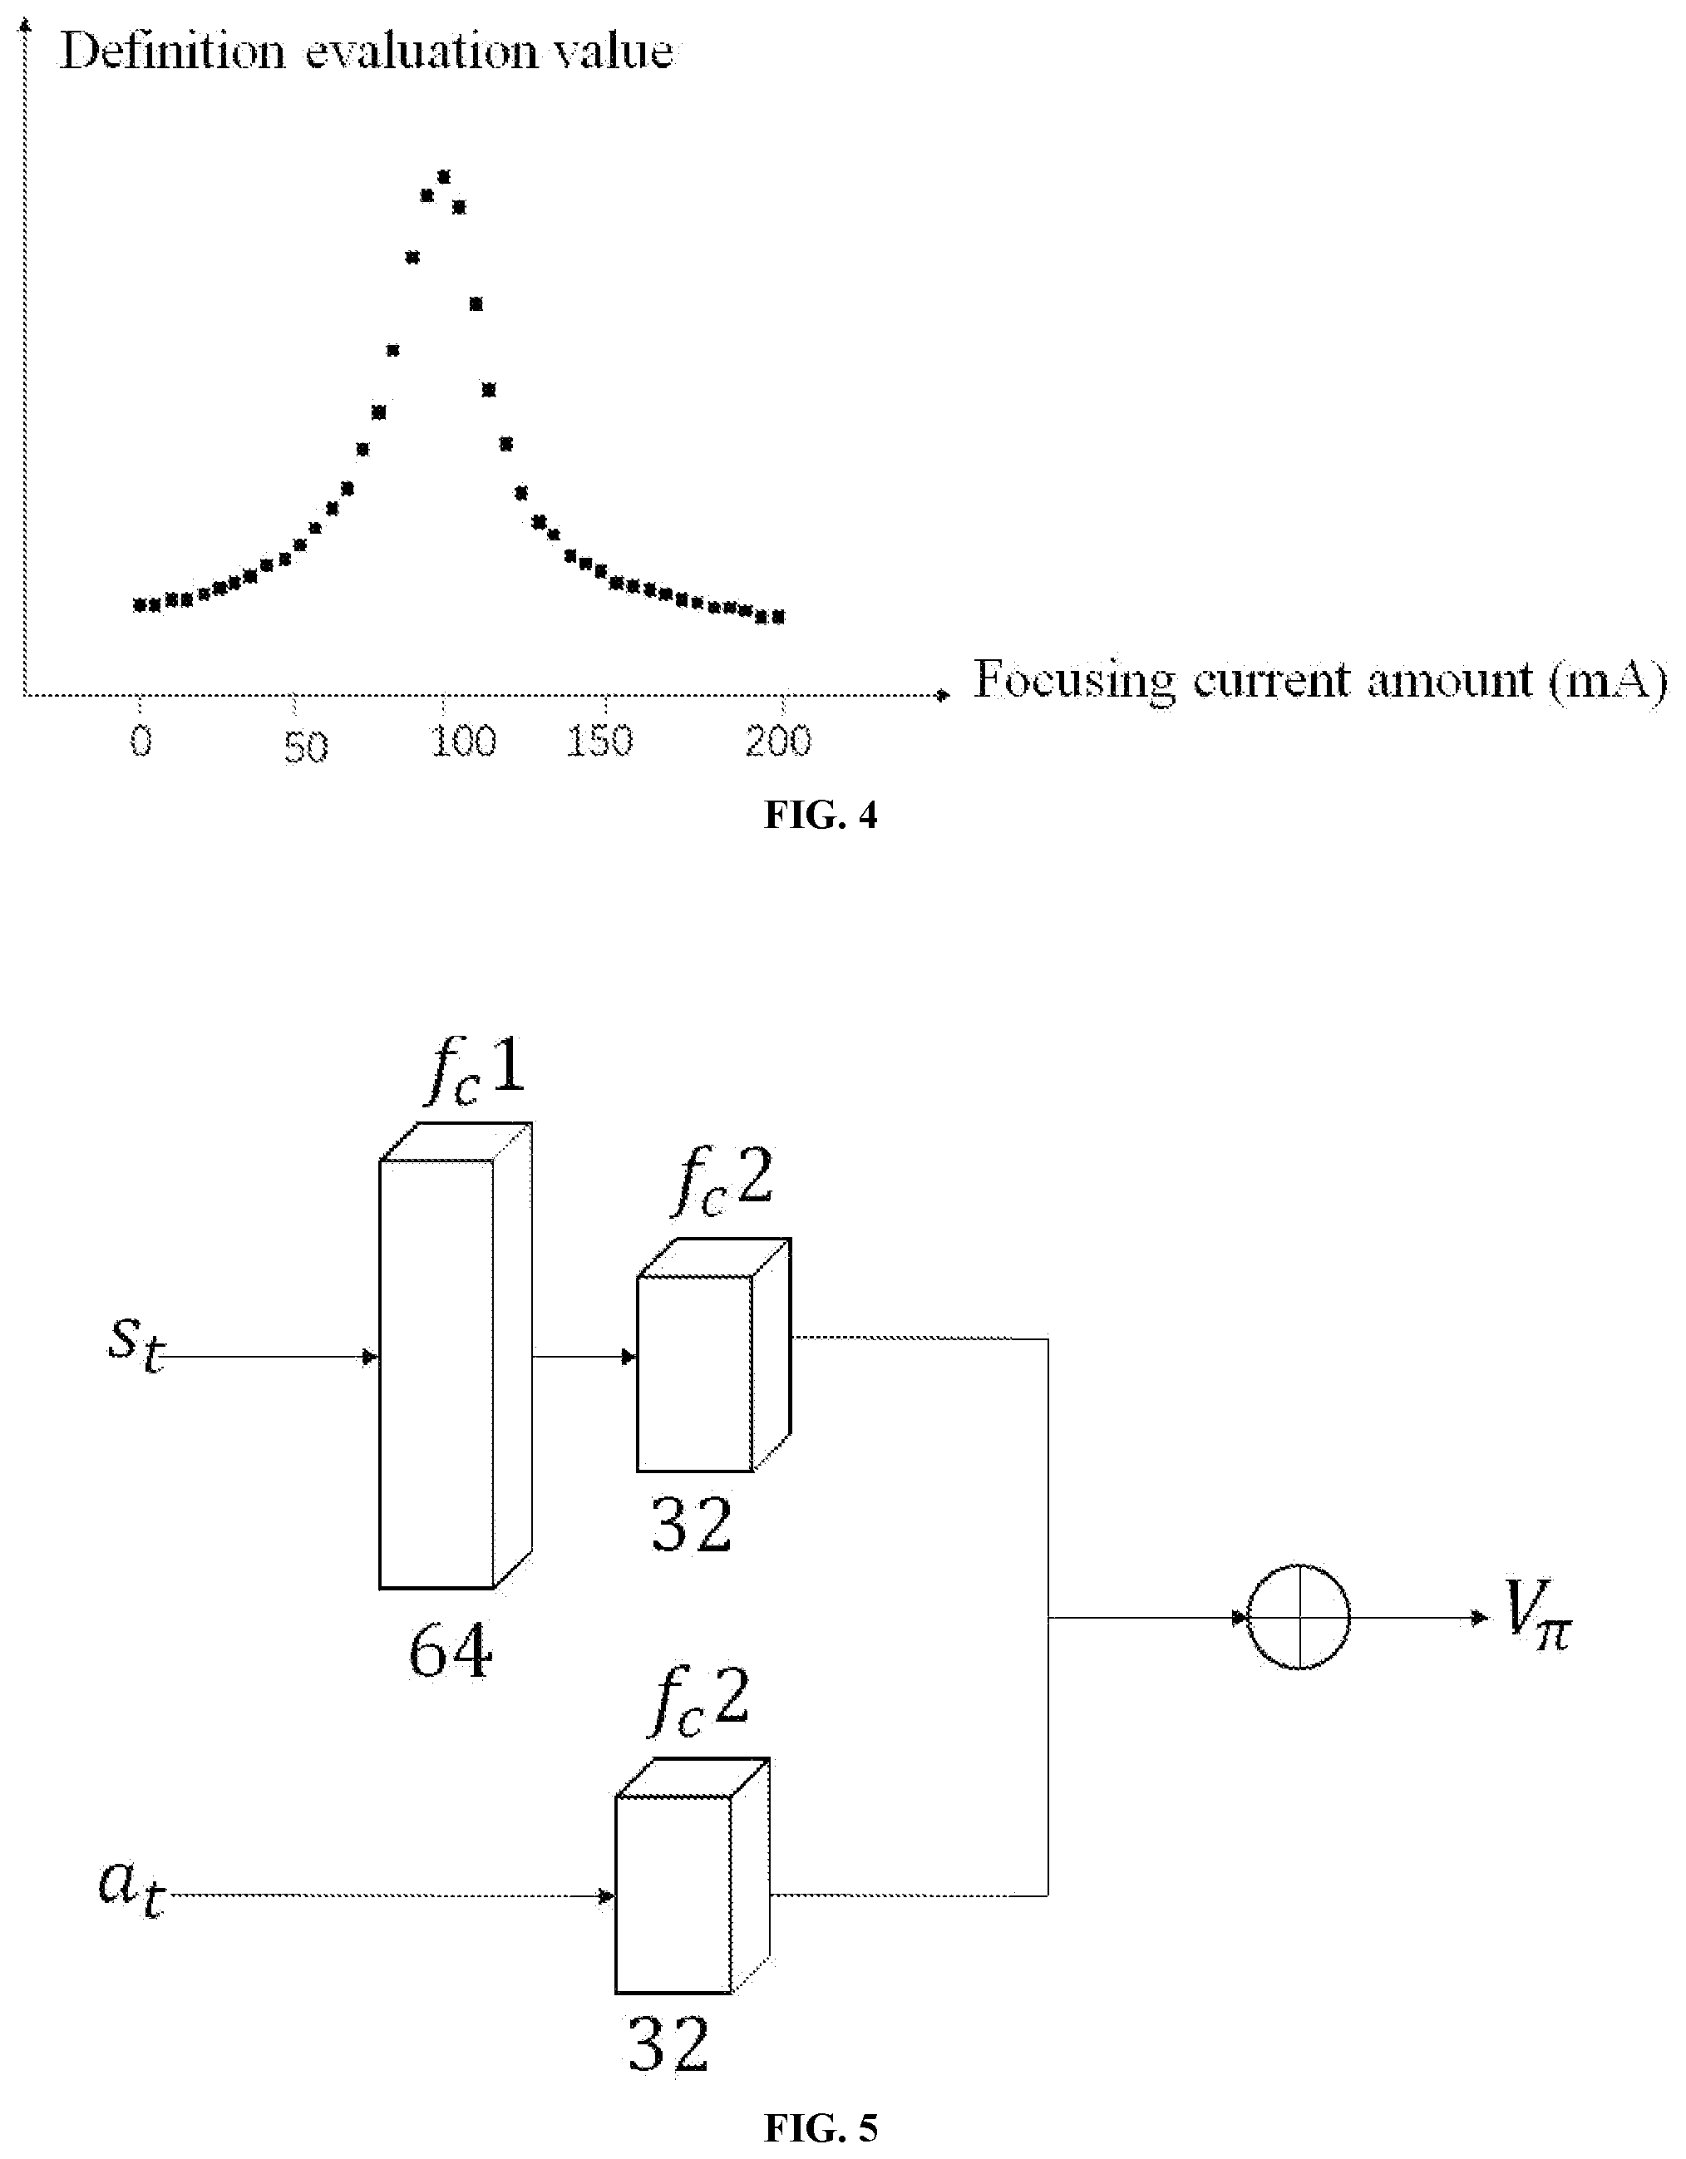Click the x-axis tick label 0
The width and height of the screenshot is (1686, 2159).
[141, 741]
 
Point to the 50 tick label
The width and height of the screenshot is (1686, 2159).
[306, 747]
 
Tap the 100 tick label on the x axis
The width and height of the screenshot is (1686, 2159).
[463, 742]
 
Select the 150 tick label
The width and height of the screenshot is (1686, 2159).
[599, 742]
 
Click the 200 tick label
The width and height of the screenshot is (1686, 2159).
[778, 741]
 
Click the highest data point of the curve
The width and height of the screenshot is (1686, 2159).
[444, 177]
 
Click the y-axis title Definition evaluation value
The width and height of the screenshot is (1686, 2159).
[367, 51]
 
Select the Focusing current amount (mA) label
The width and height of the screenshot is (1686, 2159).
[1320, 680]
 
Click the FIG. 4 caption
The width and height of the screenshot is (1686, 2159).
[821, 815]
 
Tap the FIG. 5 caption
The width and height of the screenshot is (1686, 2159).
[821, 2127]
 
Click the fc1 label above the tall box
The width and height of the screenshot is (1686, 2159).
[476, 1072]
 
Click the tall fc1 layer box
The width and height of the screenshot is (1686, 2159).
[456, 1355]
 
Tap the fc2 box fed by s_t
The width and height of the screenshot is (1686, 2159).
[714, 1355]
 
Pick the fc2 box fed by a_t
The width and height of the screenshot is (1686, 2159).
[693, 1876]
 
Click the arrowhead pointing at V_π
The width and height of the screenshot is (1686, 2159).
[1481, 1617]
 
